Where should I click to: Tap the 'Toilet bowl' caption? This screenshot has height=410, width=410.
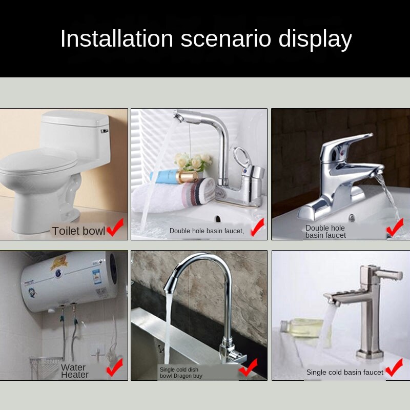pyautogui.click(x=78, y=231)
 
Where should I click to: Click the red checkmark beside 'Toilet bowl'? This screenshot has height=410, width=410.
pyautogui.click(x=115, y=228)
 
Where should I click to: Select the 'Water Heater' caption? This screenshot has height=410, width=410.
pyautogui.click(x=75, y=371)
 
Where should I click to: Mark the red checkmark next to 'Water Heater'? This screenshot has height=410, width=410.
pyautogui.click(x=114, y=367)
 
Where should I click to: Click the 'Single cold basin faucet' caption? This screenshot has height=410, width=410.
pyautogui.click(x=344, y=373)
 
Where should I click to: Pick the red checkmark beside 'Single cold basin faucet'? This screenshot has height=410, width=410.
pyautogui.click(x=394, y=368)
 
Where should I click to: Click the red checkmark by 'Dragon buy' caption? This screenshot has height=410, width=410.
pyautogui.click(x=248, y=368)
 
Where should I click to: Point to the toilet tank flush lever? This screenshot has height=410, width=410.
pyautogui.click(x=105, y=131)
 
